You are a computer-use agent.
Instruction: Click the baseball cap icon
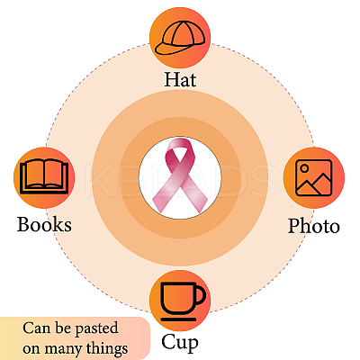click(180, 39)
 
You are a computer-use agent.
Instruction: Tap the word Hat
click(180, 79)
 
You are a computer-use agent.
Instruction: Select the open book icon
click(44, 176)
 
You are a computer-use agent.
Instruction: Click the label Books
click(44, 224)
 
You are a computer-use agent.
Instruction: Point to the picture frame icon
click(313, 177)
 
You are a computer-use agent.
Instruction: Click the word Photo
click(314, 226)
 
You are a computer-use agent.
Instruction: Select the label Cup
click(180, 342)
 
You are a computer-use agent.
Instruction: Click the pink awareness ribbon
click(180, 176)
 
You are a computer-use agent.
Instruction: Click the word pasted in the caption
click(96, 328)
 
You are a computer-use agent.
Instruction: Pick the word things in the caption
click(107, 348)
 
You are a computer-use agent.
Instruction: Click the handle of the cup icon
click(202, 295)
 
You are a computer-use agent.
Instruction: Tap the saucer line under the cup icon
click(178, 319)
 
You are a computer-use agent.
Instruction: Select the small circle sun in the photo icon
click(304, 168)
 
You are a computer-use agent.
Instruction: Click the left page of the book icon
click(33, 174)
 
